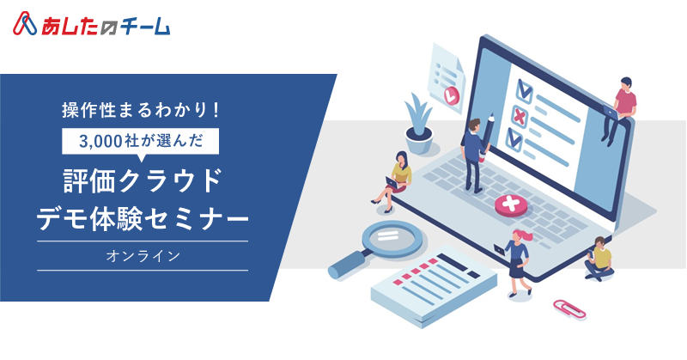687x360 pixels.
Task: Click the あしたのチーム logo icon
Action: point(25,24)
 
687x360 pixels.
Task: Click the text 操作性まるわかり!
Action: point(140,110)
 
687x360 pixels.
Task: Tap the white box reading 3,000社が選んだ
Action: point(140,141)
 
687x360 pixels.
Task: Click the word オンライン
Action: point(143,256)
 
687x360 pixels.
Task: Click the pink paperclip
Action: point(569,308)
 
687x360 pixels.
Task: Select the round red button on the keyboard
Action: point(511,205)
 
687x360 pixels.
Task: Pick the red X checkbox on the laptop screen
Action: point(520,117)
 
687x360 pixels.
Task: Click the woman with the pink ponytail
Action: point(519,262)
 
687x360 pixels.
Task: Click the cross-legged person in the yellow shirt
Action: point(599,259)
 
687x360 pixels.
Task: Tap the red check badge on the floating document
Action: point(451,95)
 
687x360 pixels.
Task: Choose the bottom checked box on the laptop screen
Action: point(514,139)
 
